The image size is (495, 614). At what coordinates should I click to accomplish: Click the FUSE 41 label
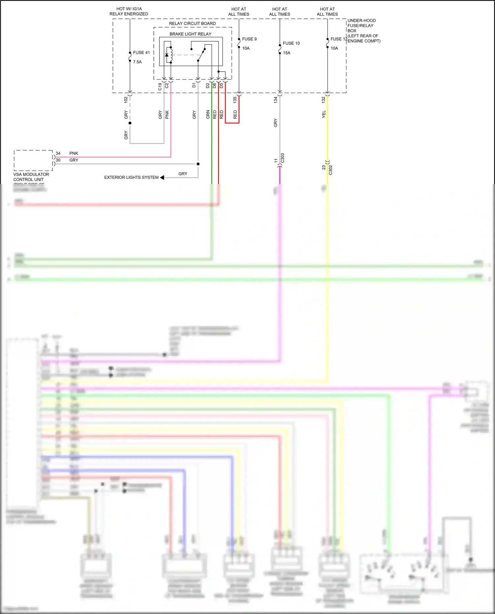pyautogui.click(x=141, y=52)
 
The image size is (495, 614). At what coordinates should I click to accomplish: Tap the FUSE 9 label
pyautogui.click(x=249, y=39)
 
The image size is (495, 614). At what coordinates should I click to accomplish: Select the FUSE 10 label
pyautogui.click(x=291, y=43)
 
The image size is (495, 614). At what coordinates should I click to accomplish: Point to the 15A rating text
pyautogui.click(x=286, y=53)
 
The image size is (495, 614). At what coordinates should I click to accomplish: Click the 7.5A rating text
pyautogui.click(x=137, y=62)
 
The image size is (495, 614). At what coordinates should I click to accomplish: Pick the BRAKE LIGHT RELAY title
pyautogui.click(x=190, y=34)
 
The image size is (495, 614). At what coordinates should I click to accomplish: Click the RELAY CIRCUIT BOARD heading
pyautogui.click(x=192, y=23)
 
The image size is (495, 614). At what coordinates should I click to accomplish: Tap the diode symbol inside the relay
pyautogui.click(x=167, y=55)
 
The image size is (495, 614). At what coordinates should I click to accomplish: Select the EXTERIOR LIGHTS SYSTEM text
pyautogui.click(x=131, y=178)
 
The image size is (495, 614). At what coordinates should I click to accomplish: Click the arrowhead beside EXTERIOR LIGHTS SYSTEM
pyautogui.click(x=162, y=178)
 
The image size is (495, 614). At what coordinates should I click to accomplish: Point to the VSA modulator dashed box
pyautogui.click(x=33, y=161)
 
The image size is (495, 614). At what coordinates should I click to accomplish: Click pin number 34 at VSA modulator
pyautogui.click(x=58, y=153)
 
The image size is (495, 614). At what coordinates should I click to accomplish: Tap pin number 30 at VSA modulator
pyautogui.click(x=58, y=160)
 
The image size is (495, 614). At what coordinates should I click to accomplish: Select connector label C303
pyautogui.click(x=283, y=158)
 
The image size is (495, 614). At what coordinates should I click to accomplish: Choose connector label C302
pyautogui.click(x=331, y=170)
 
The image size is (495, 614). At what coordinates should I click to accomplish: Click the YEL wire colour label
pyautogui.click(x=324, y=114)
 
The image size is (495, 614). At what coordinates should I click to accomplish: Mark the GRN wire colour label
pyautogui.click(x=208, y=114)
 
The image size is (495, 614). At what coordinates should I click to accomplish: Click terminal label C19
pyautogui.click(x=160, y=86)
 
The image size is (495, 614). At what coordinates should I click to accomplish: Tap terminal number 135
pyautogui.click(x=235, y=100)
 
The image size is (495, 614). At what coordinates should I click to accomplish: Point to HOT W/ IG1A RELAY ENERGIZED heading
pyautogui.click(x=129, y=12)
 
